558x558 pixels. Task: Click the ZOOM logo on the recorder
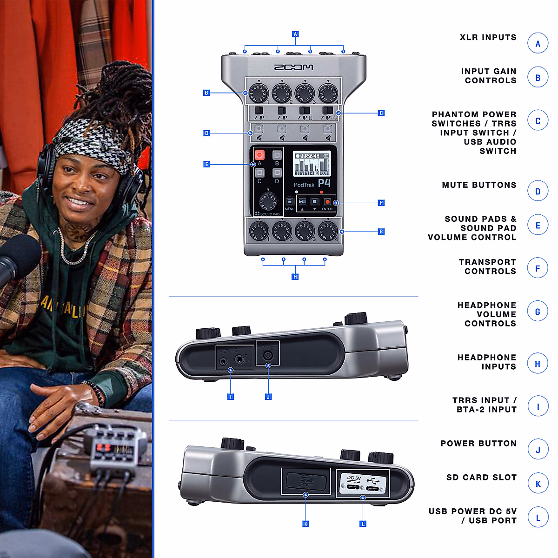(293, 67)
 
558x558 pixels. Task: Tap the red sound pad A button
(259, 155)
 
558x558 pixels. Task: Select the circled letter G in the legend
(538, 312)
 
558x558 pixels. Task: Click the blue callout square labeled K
(306, 524)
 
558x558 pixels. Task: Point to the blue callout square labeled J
(268, 397)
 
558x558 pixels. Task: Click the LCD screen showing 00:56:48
(311, 164)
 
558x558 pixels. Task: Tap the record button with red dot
(327, 202)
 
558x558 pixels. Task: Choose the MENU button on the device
(289, 202)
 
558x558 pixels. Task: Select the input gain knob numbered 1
(259, 92)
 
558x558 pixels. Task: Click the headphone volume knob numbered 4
(328, 231)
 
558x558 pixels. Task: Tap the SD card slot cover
(306, 480)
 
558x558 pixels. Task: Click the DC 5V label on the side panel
(354, 478)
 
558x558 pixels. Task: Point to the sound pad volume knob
(268, 201)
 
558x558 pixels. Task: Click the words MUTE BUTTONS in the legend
(479, 185)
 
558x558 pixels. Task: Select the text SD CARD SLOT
(481, 478)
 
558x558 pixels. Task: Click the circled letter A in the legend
(538, 44)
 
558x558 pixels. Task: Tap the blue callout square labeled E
(206, 164)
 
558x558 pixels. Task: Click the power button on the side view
(268, 356)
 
